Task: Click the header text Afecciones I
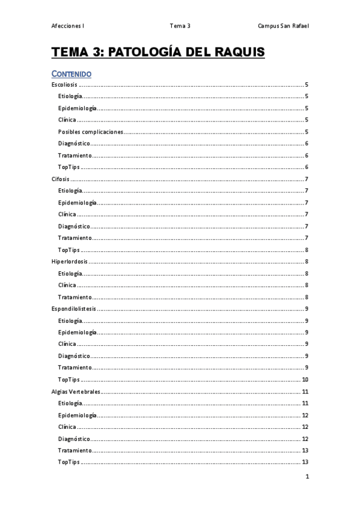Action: tap(68, 26)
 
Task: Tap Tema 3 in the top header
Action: tap(180, 26)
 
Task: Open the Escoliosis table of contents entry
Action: tap(64, 85)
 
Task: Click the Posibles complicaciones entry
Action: tap(91, 132)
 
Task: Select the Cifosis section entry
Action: tap(61, 179)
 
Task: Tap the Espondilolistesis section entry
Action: tap(74, 309)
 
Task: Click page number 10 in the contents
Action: tap(305, 380)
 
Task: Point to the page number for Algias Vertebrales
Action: tap(305, 392)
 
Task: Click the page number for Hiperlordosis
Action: tap(307, 262)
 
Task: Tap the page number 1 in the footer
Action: tap(307, 477)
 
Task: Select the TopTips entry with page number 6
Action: tap(69, 167)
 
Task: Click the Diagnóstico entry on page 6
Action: tap(74, 144)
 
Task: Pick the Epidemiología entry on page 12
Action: tap(77, 416)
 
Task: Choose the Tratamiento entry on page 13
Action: tap(75, 450)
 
